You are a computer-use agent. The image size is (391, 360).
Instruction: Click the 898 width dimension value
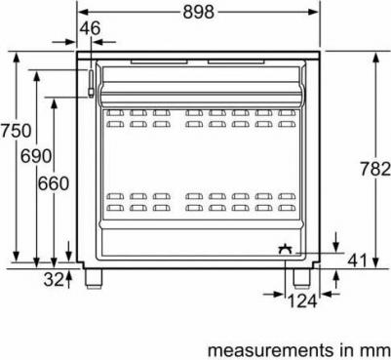(198, 12)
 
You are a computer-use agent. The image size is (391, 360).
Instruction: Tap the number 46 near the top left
(90, 28)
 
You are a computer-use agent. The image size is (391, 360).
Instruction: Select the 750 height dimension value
(16, 131)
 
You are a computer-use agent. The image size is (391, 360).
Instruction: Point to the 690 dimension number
(36, 156)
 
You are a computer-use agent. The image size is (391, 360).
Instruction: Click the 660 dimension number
(54, 183)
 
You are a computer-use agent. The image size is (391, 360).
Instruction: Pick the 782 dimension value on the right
(375, 169)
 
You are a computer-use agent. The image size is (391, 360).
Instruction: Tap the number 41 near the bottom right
(357, 260)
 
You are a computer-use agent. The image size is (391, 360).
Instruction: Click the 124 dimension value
(302, 301)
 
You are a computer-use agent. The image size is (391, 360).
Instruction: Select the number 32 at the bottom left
(54, 279)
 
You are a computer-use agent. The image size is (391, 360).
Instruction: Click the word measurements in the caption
(269, 350)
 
